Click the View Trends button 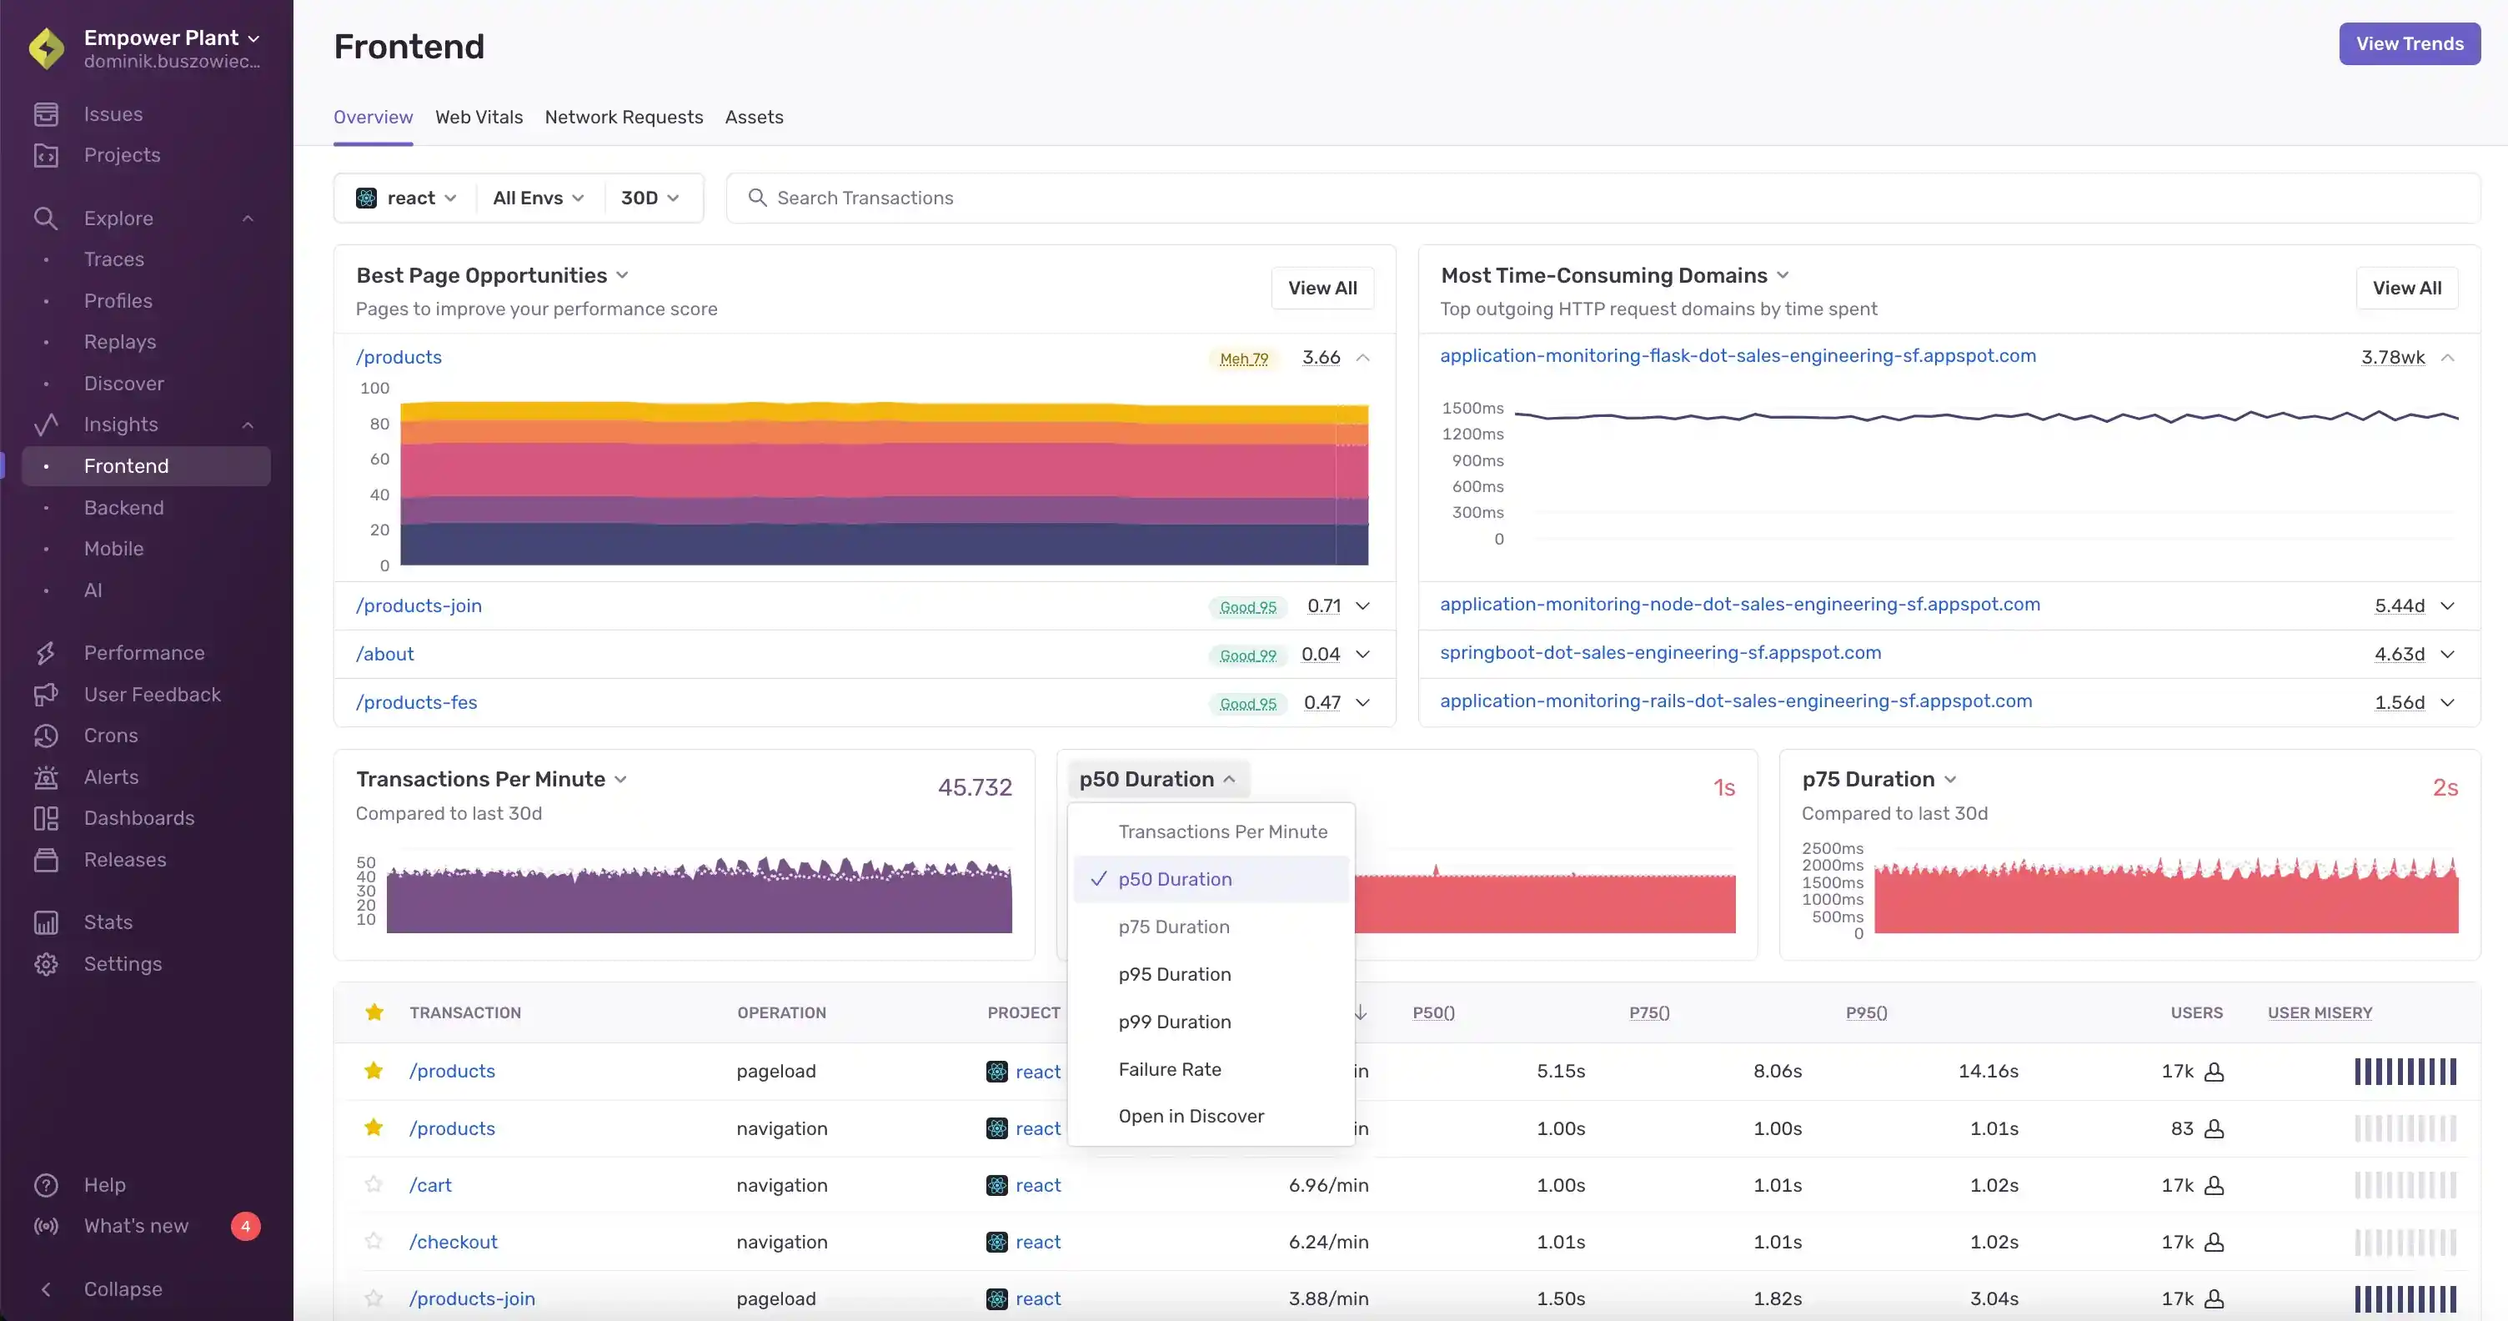point(2409,44)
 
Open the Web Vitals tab point(478,117)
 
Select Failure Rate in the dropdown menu point(1169,1069)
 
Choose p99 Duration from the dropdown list point(1174,1021)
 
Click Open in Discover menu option point(1191,1116)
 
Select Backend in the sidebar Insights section point(123,507)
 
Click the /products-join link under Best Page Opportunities point(419,605)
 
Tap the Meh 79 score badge point(1243,359)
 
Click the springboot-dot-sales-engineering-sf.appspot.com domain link point(1660,652)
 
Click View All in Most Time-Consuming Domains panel point(2405,289)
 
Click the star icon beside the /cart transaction point(373,1185)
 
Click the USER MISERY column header point(2319,1012)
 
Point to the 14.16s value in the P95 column point(1987,1071)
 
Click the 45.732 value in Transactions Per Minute point(975,786)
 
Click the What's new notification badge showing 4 point(245,1226)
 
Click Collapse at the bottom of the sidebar point(122,1288)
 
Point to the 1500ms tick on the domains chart point(1472,408)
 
